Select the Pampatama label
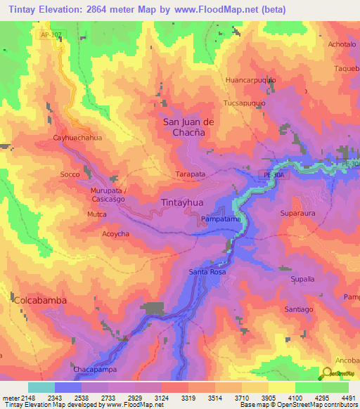coord(221,219)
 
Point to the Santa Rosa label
coord(207,271)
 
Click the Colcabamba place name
coord(40,300)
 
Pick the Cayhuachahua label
coord(77,138)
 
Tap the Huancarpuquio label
coord(250,80)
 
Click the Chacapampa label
coord(94,369)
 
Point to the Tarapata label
coord(190,174)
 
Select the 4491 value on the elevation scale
coord(349,398)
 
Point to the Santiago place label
coord(298,309)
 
